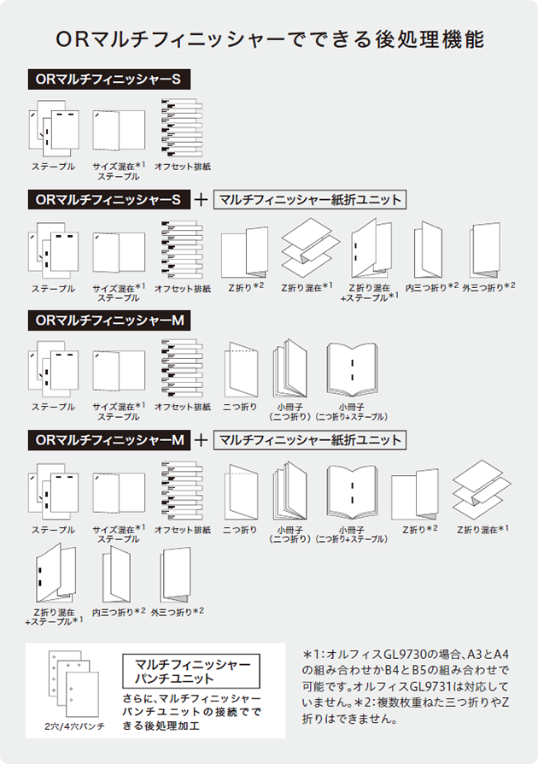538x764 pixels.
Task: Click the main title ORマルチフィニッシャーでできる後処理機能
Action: (x=269, y=40)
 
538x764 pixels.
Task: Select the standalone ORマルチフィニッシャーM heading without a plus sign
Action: (x=107, y=320)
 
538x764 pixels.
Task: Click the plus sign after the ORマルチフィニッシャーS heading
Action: (x=202, y=200)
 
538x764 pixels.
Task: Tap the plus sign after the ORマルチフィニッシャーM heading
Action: (x=202, y=441)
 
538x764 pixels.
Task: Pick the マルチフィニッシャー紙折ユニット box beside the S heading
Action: (x=309, y=200)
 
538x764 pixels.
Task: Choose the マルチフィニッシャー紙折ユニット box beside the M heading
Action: (x=309, y=441)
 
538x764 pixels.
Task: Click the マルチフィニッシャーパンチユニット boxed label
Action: (x=198, y=671)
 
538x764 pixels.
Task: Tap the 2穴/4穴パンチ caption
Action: (x=76, y=726)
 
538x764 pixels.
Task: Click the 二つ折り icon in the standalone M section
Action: (x=240, y=369)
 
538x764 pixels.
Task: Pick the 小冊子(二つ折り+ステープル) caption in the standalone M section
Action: (x=352, y=412)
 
